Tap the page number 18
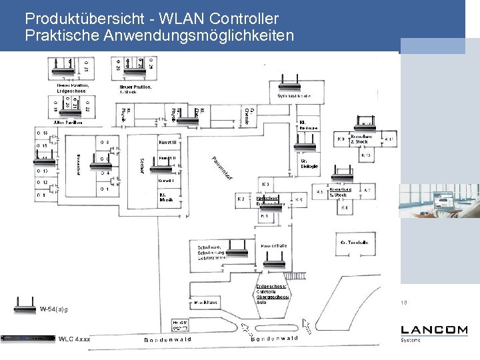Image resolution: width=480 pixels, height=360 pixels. click(x=404, y=303)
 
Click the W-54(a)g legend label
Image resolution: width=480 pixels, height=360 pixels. click(x=53, y=309)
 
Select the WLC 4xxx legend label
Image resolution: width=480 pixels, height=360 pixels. click(x=74, y=339)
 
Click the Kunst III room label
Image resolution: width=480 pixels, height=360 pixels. click(x=167, y=143)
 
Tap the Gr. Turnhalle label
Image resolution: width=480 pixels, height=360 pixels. click(x=354, y=243)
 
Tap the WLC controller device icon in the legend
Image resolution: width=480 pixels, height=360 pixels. click(x=28, y=339)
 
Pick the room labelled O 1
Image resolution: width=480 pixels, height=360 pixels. click(x=41, y=195)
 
